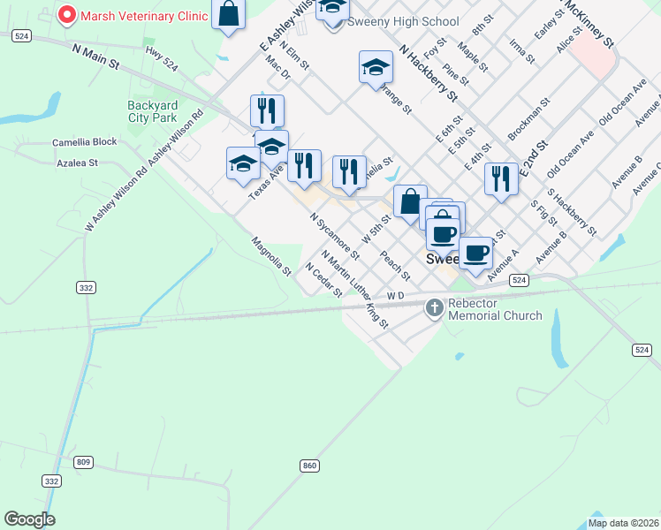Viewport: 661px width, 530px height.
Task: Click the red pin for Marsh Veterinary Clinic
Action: (x=65, y=16)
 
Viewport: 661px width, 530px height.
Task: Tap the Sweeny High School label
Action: (x=403, y=21)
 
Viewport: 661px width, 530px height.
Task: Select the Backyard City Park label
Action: (x=153, y=110)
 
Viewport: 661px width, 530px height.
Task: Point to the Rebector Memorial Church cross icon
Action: (x=434, y=308)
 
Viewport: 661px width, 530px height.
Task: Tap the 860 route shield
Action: (x=308, y=465)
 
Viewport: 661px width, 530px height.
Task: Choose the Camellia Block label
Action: (x=85, y=141)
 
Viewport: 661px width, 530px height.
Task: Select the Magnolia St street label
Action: (x=271, y=256)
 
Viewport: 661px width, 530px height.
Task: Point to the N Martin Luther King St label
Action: (x=355, y=289)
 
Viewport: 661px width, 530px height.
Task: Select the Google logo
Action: (x=30, y=519)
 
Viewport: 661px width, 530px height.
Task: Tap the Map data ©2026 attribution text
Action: (x=623, y=523)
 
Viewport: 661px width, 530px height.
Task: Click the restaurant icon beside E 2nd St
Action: (x=501, y=178)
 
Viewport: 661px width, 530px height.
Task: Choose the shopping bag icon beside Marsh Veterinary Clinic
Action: (x=229, y=14)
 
